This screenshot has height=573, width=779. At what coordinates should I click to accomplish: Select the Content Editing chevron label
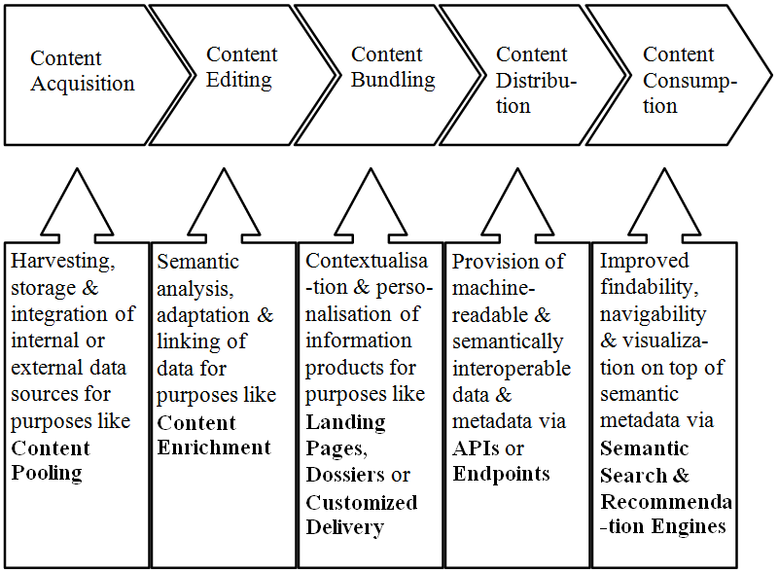click(241, 67)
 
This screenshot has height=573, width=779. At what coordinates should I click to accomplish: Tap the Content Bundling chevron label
click(392, 67)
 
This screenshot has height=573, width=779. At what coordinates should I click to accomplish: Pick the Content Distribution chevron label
click(535, 80)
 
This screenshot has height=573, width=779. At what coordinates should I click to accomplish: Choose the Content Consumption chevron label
click(690, 80)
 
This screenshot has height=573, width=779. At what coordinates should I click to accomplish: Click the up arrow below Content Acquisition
click(77, 209)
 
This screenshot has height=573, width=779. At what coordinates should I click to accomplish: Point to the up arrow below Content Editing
click(224, 209)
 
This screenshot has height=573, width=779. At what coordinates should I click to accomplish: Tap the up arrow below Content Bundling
click(370, 209)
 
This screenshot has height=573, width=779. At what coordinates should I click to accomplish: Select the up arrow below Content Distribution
click(515, 209)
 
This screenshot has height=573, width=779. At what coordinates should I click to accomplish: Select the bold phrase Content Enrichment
click(213, 435)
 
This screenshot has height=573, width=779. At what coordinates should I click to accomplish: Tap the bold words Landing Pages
click(346, 435)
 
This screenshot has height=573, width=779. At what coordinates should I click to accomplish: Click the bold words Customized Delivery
click(361, 515)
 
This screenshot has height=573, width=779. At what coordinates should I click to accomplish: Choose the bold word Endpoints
click(501, 474)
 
